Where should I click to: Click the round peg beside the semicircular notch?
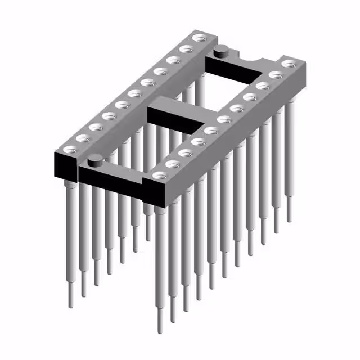(222, 52)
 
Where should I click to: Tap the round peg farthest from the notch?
(95, 161)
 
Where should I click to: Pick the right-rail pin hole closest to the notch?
(288, 64)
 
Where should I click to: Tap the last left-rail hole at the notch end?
(198, 38)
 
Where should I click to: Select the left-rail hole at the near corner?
(70, 149)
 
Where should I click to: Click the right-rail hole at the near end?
(159, 175)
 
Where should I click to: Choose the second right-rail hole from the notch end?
(275, 75)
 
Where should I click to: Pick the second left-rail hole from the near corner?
(83, 138)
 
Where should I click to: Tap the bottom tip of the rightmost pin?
(290, 220)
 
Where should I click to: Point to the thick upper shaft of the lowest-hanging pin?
(161, 253)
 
